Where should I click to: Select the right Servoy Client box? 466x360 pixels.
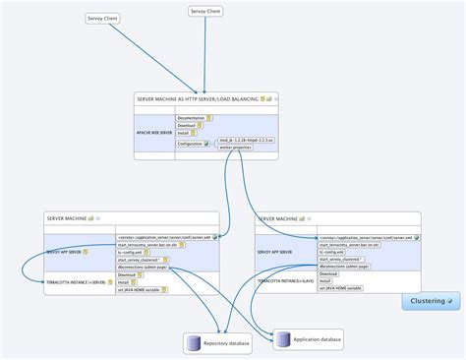(x=204, y=11)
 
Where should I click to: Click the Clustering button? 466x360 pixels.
(x=429, y=300)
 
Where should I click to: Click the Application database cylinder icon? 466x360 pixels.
(x=284, y=339)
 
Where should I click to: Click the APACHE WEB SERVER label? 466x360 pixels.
(x=153, y=130)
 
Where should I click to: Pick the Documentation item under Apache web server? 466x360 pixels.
(x=191, y=118)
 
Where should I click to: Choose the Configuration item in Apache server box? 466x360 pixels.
(x=190, y=144)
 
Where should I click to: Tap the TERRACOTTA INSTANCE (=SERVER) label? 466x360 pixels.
(x=75, y=281)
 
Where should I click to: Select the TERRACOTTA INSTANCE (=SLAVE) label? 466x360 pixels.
(x=284, y=280)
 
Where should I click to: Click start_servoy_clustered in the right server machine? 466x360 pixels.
(x=340, y=259)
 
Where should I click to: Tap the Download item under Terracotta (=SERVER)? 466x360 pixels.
(x=127, y=274)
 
